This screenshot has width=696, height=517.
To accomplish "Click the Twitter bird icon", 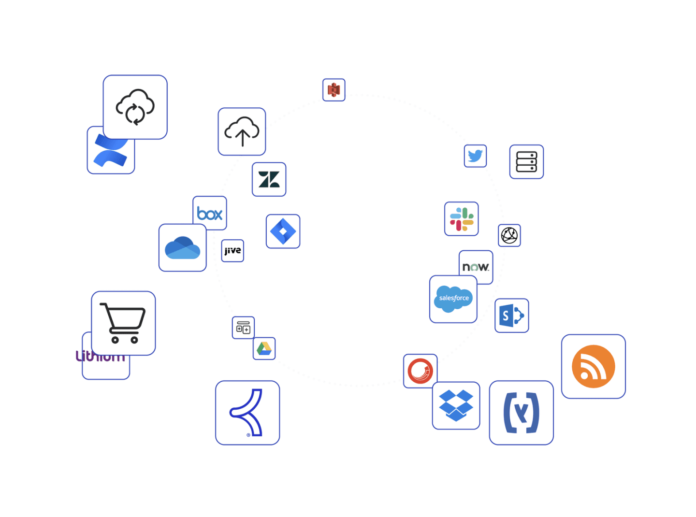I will pyautogui.click(x=475, y=156).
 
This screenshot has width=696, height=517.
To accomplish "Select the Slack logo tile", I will pyautogui.click(x=462, y=219).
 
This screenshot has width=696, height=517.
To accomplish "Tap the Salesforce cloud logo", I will pyautogui.click(x=453, y=299).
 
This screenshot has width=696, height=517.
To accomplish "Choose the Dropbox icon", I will pyautogui.click(x=456, y=405).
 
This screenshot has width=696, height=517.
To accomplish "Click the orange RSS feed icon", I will pyautogui.click(x=593, y=366).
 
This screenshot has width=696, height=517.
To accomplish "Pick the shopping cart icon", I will pyautogui.click(x=123, y=323).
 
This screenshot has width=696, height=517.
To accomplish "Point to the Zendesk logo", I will pyautogui.click(x=269, y=179).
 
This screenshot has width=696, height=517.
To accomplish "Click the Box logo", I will pyautogui.click(x=210, y=214).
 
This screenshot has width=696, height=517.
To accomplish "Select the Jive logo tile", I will pyautogui.click(x=232, y=251).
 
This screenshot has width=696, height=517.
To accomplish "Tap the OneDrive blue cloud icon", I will pyautogui.click(x=182, y=247).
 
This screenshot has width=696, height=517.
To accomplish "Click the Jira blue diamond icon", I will pyautogui.click(x=283, y=231).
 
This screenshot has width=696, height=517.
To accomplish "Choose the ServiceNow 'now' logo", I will pyautogui.click(x=476, y=267).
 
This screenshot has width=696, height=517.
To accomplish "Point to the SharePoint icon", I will pyautogui.click(x=512, y=316).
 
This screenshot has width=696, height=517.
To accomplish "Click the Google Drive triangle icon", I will pyautogui.click(x=264, y=348).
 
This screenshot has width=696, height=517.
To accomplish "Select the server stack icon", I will pyautogui.click(x=526, y=162).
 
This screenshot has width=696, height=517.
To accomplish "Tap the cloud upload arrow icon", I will pyautogui.click(x=242, y=131).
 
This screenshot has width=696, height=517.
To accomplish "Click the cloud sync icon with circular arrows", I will pyautogui.click(x=135, y=107).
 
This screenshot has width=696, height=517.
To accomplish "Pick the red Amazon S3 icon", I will pyautogui.click(x=334, y=90).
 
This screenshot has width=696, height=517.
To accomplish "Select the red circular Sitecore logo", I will pyautogui.click(x=420, y=371).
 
